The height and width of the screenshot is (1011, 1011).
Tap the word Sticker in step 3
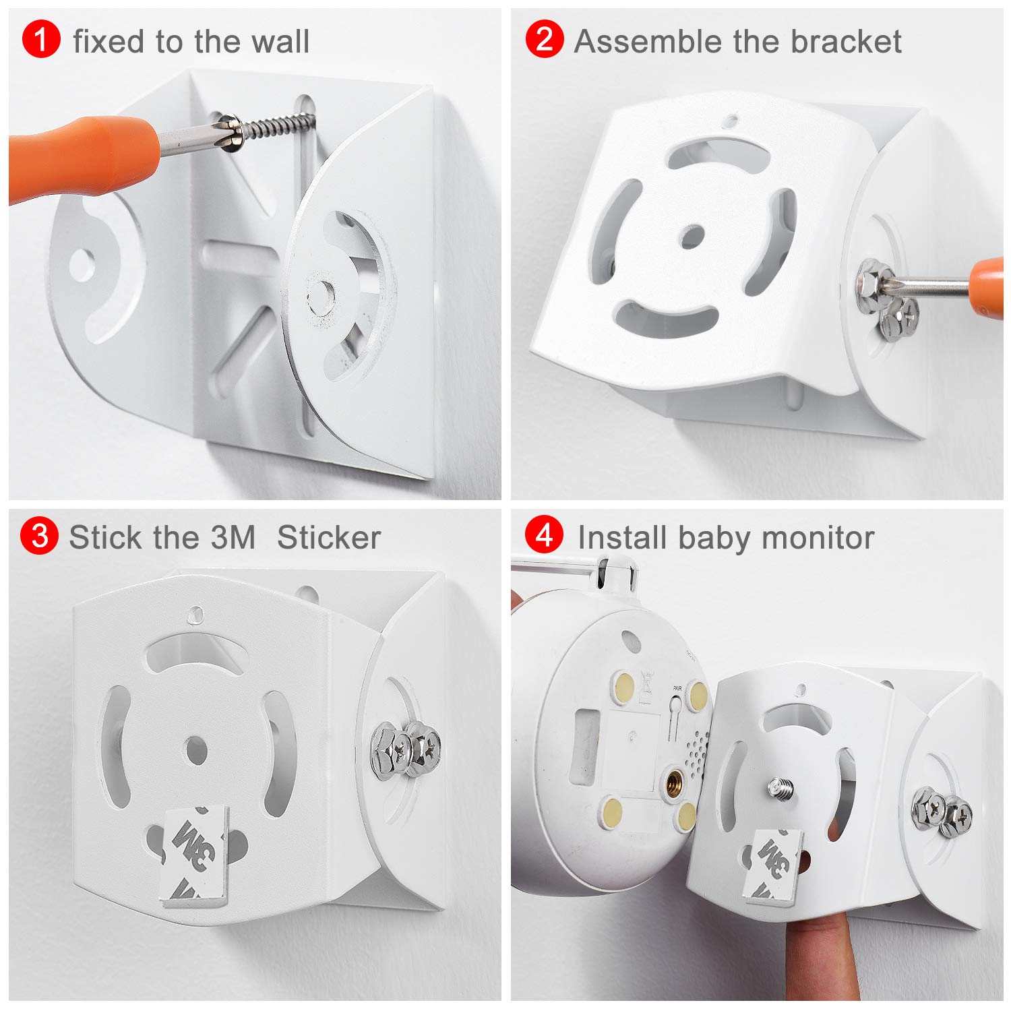pyautogui.click(x=328, y=538)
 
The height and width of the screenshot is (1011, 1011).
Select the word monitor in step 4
pyautogui.click(x=817, y=538)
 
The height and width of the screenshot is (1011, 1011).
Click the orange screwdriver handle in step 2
pyautogui.click(x=989, y=286)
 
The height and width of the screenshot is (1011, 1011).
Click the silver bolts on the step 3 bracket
pyautogui.click(x=406, y=748)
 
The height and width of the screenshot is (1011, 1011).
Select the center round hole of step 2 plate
pyautogui.click(x=692, y=236)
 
